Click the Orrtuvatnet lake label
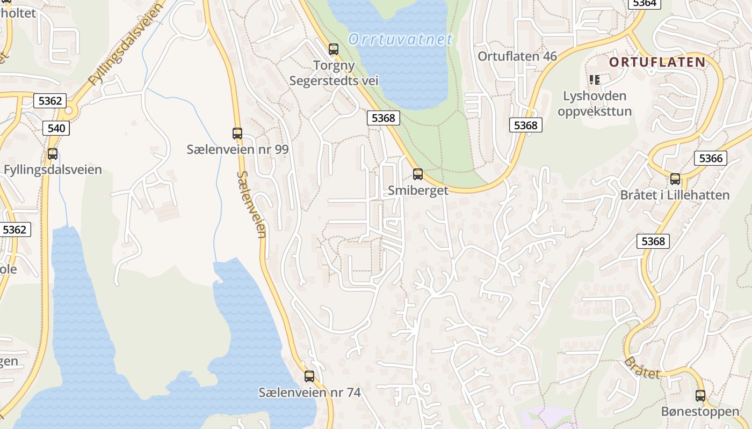coord(400,39)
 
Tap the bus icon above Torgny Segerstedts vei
coord(334,49)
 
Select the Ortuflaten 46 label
coord(517,56)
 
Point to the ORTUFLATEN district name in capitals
coord(657,62)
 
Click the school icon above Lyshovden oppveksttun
coord(594,80)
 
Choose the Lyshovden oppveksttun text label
coord(595,104)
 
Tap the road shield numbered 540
coord(56,128)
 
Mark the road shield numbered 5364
coord(645,3)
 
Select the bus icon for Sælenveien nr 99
coord(237,134)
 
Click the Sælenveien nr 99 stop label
coord(237,150)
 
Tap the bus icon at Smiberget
coord(417,174)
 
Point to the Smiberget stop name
coord(418,190)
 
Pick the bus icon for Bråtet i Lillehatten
coord(675,179)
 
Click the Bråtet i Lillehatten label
coord(675,195)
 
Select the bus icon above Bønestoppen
coord(700,396)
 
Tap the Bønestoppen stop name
coord(700,412)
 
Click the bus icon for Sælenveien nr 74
coord(309,376)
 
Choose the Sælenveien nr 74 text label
coord(309,393)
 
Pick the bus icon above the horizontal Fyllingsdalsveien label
coord(53,154)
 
